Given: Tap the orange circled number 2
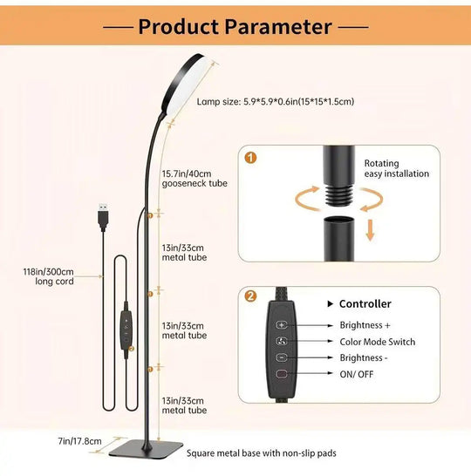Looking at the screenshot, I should (252, 296).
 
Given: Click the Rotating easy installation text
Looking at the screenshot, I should (396, 168).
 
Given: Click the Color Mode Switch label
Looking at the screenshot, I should (377, 342).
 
